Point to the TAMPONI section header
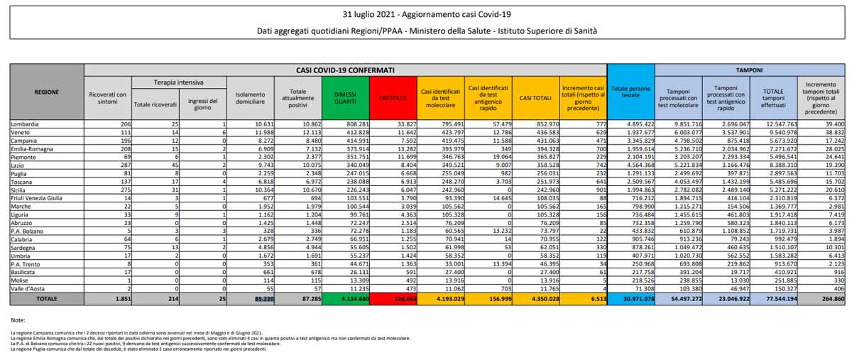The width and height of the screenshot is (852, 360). (748, 70)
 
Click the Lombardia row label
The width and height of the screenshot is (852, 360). (26, 124)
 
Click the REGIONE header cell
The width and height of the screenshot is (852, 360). (47, 92)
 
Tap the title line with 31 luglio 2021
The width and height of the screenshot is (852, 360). (426, 14)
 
